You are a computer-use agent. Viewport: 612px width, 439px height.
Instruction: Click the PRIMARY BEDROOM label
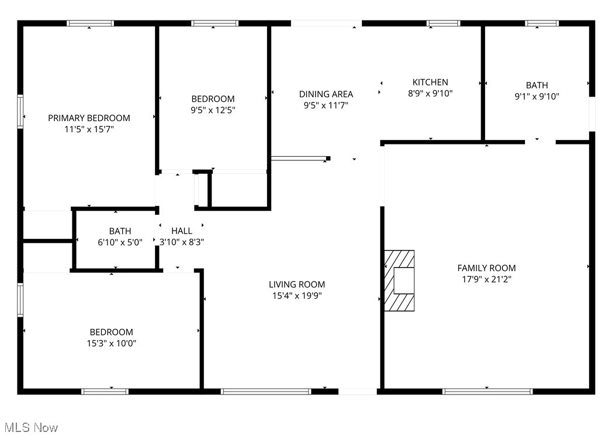click(89, 118)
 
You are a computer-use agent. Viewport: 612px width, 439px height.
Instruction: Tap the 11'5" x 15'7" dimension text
click(89, 129)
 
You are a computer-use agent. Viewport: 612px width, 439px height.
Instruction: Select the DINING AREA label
click(326, 94)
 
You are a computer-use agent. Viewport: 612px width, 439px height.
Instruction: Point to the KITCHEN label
click(430, 82)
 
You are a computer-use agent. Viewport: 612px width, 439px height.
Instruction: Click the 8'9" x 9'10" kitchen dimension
click(430, 93)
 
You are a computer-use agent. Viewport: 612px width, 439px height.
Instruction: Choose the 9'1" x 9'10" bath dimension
click(537, 97)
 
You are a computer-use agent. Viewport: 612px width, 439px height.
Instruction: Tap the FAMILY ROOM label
click(486, 268)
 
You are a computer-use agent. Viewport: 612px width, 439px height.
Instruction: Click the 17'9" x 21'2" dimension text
click(486, 279)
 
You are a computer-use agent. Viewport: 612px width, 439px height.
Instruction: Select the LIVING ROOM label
click(297, 284)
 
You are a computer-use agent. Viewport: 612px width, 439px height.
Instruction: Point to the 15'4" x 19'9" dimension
click(297, 296)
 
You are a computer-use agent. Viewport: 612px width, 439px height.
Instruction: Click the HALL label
click(182, 231)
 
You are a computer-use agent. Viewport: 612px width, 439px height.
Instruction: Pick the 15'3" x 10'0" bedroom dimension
click(111, 343)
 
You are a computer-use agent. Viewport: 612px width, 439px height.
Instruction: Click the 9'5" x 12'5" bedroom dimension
click(213, 109)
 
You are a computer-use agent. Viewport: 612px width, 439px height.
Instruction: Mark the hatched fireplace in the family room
click(399, 281)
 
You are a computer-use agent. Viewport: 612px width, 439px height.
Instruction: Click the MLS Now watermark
click(30, 428)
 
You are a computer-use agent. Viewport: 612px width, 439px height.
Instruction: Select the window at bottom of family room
click(487, 391)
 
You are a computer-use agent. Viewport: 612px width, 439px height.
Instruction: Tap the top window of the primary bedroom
click(90, 23)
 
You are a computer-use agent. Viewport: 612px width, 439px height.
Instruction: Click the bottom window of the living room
click(267, 391)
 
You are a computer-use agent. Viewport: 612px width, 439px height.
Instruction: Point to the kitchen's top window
click(444, 23)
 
